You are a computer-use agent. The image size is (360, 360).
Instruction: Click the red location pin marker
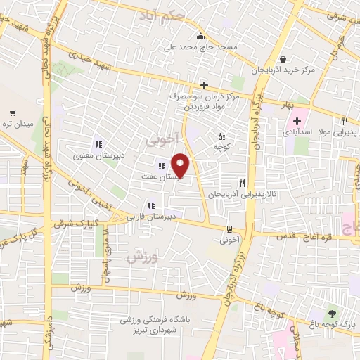[x=181, y=165]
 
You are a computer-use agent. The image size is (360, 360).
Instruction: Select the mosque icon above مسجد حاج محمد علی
[x=201, y=37]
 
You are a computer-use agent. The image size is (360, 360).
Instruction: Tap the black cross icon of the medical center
[x=203, y=84]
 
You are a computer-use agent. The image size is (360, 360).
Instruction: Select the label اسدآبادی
[x=298, y=131]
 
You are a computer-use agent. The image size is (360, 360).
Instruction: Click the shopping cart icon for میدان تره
[x=13, y=112]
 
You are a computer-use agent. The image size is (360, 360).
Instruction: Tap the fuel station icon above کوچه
[x=221, y=136]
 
